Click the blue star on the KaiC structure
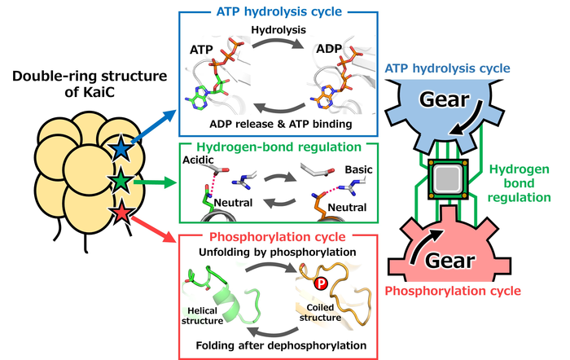coord(121,148)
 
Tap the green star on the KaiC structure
coord(121,180)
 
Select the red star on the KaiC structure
coord(121,213)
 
